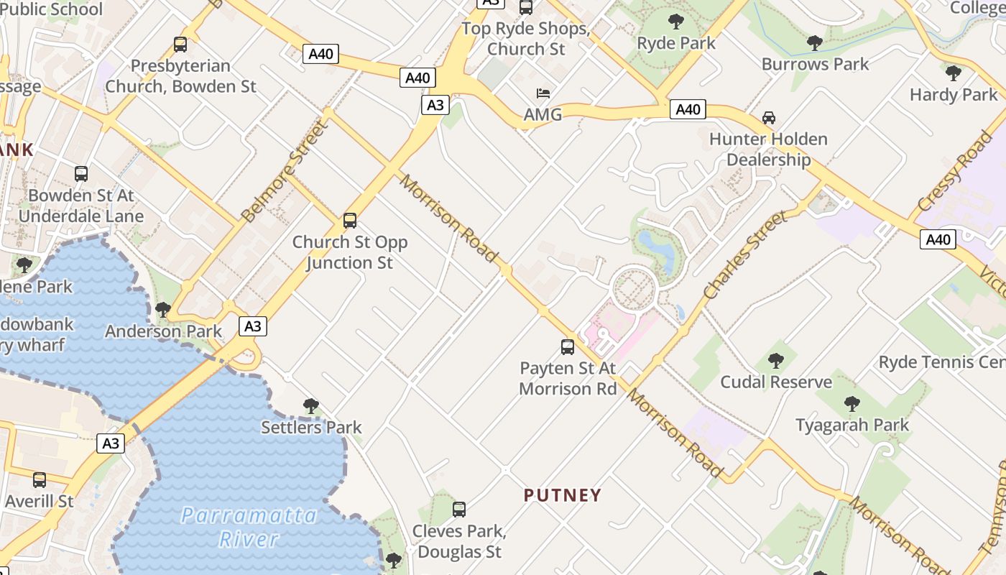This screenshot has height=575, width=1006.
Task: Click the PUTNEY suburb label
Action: click(x=562, y=495)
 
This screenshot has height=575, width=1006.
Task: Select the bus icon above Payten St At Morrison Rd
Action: click(x=568, y=347)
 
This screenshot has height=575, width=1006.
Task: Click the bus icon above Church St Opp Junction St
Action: click(x=350, y=221)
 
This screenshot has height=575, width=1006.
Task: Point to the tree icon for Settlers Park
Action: click(x=310, y=406)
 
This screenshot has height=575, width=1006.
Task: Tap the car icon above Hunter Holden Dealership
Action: click(x=768, y=117)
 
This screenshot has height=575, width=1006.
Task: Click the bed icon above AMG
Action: click(x=543, y=93)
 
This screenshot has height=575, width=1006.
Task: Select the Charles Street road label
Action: click(x=745, y=254)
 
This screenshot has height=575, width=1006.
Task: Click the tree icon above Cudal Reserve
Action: click(x=775, y=360)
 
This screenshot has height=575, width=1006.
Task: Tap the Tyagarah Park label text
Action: click(x=852, y=425)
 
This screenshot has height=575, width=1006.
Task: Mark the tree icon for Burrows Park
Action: click(x=814, y=43)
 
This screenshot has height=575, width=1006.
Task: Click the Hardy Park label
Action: click(x=954, y=94)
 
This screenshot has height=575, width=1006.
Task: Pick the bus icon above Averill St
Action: click(x=40, y=479)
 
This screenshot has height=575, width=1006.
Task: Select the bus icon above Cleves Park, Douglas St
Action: click(x=459, y=510)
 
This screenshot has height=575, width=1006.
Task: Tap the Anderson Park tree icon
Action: click(x=163, y=310)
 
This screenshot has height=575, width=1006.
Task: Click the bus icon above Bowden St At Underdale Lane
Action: click(x=81, y=173)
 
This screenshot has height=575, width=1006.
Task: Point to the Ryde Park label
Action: click(x=676, y=43)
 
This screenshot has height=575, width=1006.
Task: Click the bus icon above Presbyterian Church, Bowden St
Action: click(x=180, y=45)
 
